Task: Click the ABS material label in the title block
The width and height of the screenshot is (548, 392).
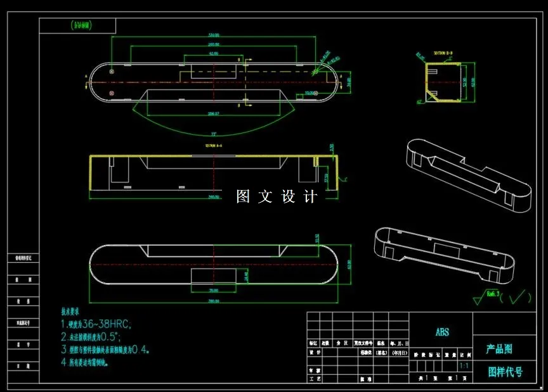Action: click(x=442, y=332)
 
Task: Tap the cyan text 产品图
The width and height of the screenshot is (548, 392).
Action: click(x=499, y=349)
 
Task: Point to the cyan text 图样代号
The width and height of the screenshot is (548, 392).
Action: click(x=505, y=372)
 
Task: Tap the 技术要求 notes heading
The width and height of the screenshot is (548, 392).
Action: click(x=70, y=312)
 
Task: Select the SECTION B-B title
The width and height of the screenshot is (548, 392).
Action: click(x=443, y=53)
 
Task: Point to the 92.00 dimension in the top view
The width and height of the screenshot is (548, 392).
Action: click(x=214, y=54)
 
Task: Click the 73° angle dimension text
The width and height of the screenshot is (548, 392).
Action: click(x=213, y=134)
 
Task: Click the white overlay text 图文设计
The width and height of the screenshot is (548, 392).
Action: click(x=276, y=197)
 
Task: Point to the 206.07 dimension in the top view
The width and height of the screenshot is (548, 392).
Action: click(x=213, y=114)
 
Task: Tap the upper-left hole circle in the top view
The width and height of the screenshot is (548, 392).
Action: click(x=112, y=72)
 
